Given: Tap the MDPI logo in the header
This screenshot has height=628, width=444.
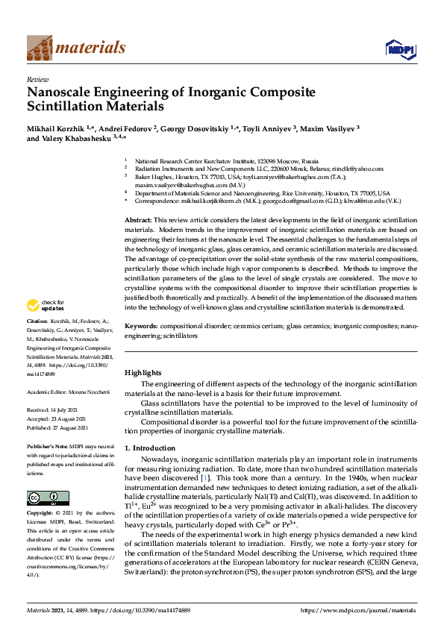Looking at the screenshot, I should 395,48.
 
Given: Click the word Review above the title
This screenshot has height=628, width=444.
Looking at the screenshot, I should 35,78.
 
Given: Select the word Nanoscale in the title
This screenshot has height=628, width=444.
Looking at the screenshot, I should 60,92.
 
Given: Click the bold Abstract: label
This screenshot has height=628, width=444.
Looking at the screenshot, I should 137,221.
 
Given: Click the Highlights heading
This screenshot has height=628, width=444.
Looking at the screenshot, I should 142,372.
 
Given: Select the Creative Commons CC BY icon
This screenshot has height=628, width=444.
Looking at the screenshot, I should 43,498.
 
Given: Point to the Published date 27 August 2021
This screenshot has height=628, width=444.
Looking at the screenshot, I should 62,427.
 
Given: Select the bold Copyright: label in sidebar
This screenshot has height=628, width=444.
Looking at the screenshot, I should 42,515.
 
